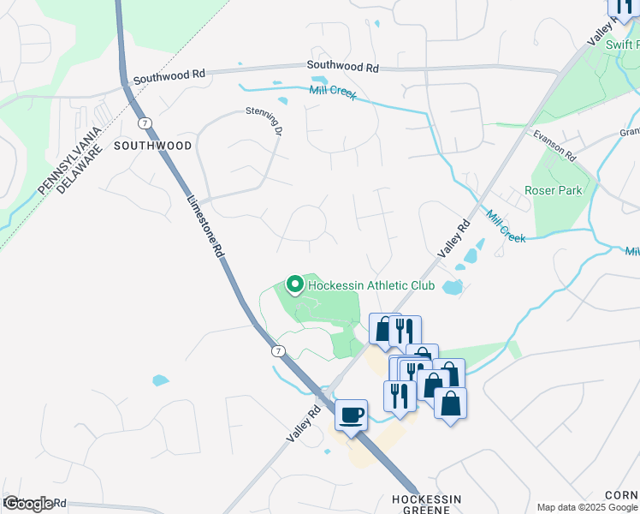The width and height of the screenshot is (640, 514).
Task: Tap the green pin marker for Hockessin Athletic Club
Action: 295,284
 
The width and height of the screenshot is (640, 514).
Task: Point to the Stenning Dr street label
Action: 264,123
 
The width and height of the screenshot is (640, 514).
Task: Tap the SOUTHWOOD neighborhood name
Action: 152,146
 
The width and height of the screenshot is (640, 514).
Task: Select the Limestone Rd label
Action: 205,228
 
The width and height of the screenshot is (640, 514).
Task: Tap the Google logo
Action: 28,504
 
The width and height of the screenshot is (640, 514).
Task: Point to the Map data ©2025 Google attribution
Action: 586,507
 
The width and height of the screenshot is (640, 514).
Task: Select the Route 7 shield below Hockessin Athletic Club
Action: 278,351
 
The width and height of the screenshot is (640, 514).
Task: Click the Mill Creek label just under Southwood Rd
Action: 333,89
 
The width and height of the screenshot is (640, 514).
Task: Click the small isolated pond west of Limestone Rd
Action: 160,380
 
